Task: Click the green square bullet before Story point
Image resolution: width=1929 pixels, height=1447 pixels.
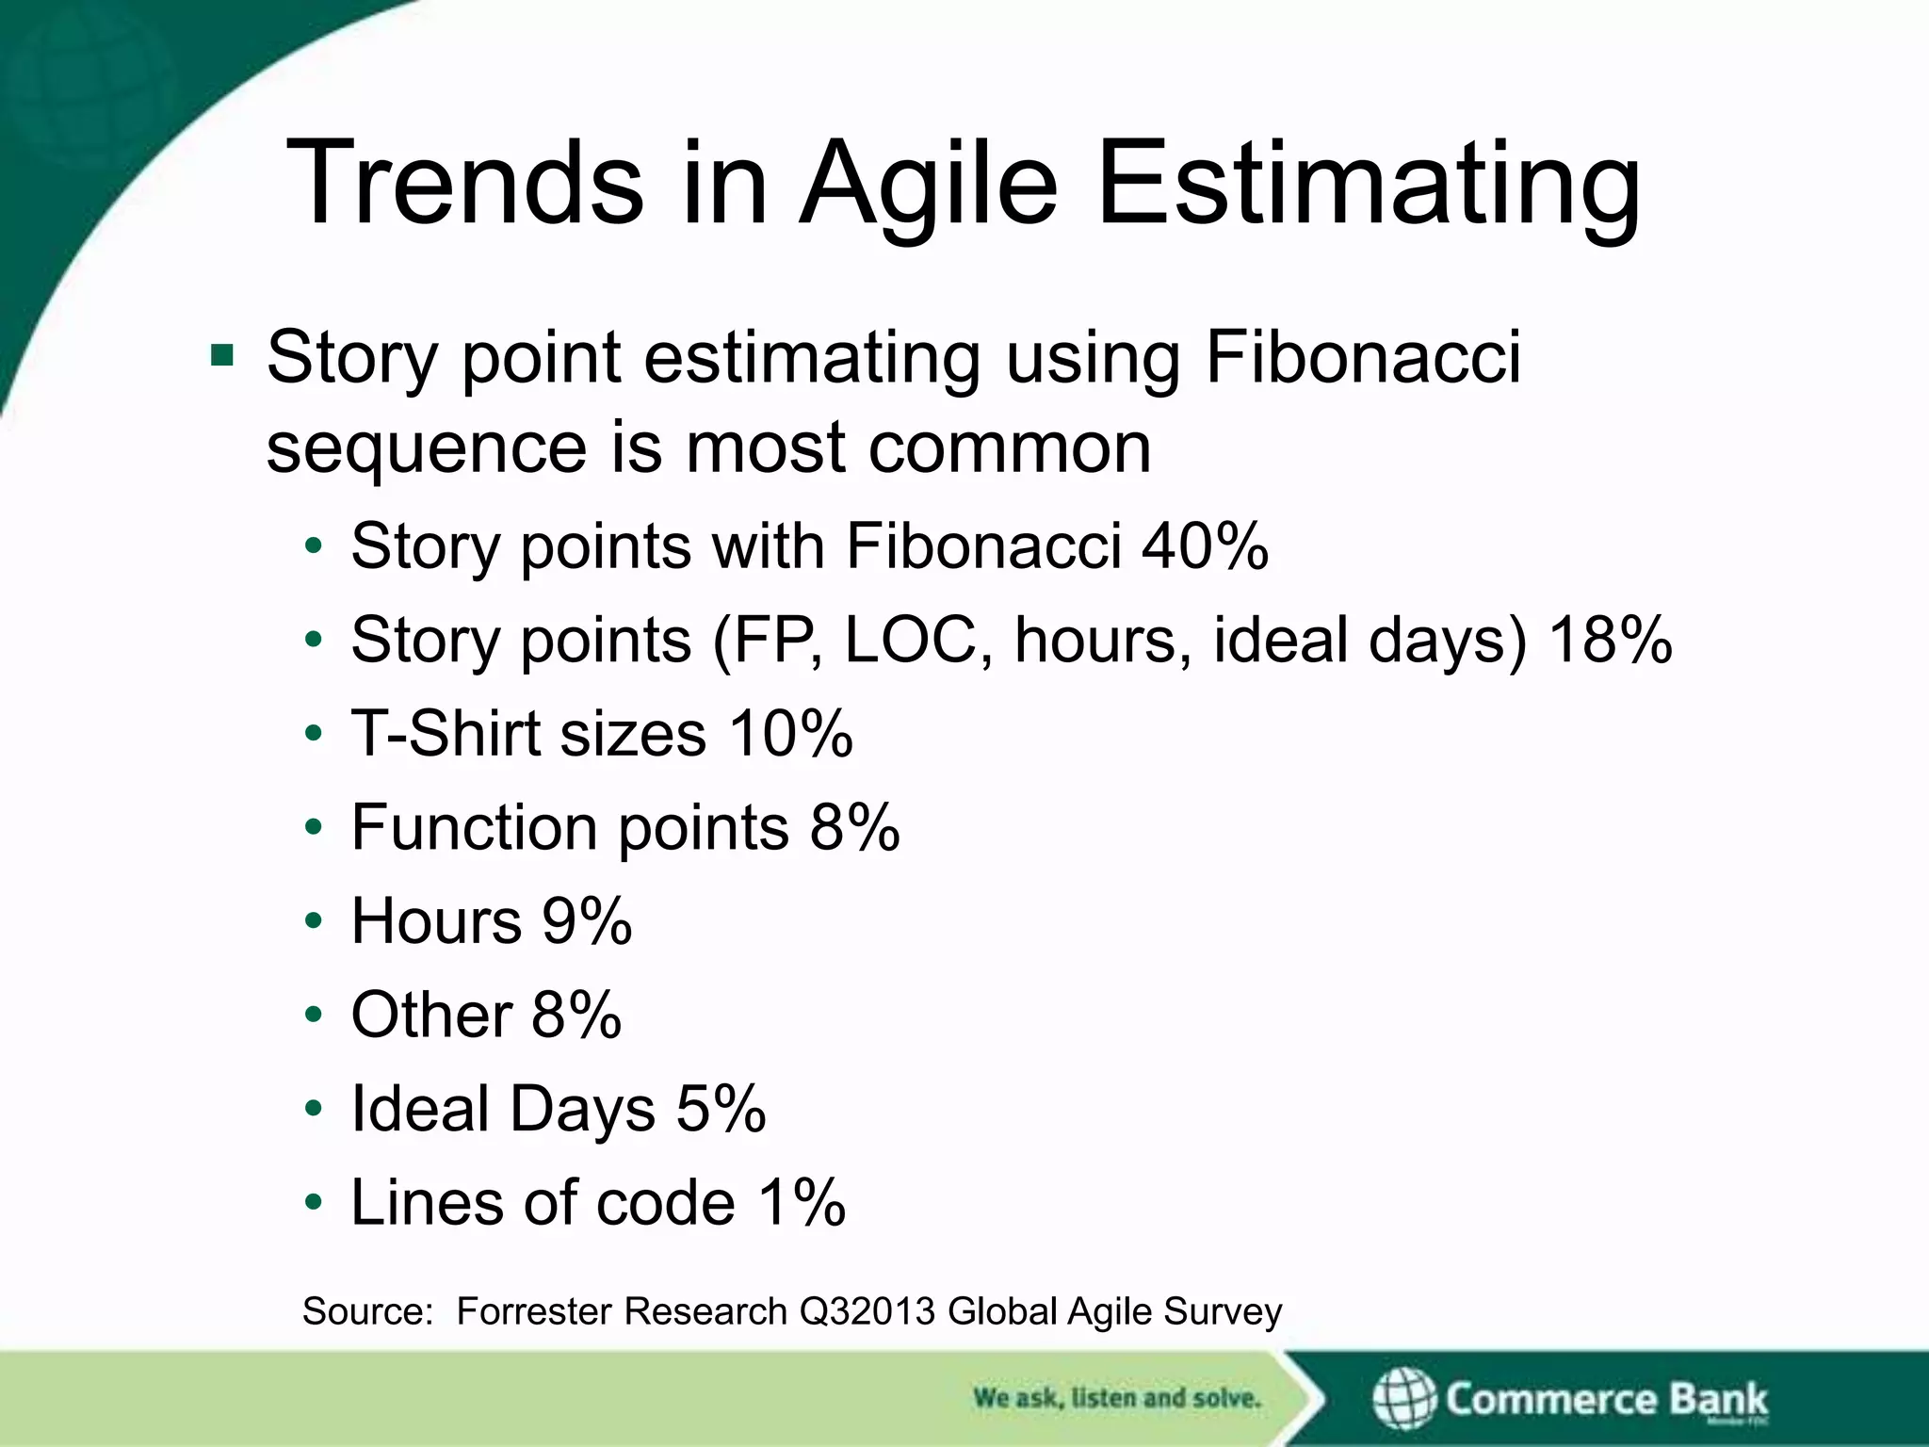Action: click(x=222, y=355)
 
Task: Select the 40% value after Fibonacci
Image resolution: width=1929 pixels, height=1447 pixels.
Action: click(x=1205, y=545)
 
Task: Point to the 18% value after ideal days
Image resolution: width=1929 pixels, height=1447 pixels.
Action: click(x=1611, y=640)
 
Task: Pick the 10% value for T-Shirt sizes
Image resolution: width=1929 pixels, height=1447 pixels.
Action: click(x=790, y=733)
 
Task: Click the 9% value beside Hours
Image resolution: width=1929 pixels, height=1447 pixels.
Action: click(x=586, y=920)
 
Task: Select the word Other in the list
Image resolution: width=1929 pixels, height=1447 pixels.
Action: click(x=431, y=1015)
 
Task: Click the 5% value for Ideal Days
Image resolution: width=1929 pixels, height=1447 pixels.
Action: click(x=721, y=1108)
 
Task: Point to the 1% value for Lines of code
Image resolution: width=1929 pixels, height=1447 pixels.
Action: click(x=802, y=1202)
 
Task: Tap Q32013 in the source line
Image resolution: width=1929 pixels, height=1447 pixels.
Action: click(x=867, y=1311)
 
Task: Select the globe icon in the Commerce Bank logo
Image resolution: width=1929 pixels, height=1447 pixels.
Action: click(x=1402, y=1398)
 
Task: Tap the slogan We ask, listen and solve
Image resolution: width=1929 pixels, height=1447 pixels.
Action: click(x=1116, y=1397)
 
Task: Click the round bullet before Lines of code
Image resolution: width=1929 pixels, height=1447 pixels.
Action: click(x=315, y=1203)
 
